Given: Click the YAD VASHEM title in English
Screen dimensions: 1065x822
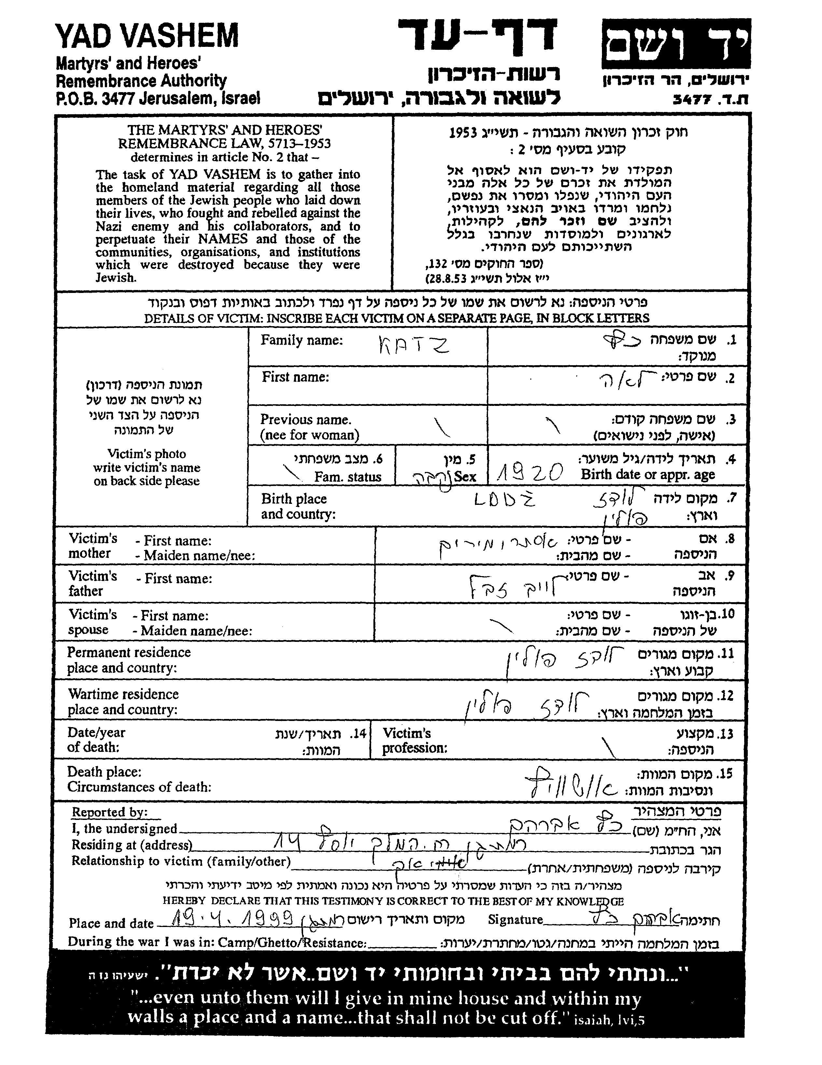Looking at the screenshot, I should tap(147, 36).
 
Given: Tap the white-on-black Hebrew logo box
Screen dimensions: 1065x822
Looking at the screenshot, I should tap(676, 44).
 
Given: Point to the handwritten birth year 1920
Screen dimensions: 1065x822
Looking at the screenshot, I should tap(530, 472).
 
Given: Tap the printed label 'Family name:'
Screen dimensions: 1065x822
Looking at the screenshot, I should tap(301, 340).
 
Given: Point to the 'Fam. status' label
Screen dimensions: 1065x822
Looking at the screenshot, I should tap(347, 477).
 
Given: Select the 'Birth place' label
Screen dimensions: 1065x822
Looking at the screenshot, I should tap(294, 499).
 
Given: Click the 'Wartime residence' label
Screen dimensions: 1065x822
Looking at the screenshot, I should tap(123, 694).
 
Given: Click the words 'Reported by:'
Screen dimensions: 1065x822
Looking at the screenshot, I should tap(109, 812).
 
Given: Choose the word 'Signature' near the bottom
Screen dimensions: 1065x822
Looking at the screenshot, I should tap(515, 920).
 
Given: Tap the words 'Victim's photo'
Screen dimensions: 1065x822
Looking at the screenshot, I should tap(146, 454).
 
